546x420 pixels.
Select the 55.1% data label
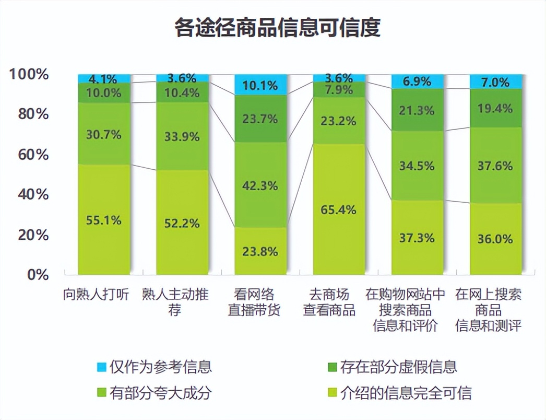[x=103, y=220]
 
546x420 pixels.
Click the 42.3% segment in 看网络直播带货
[x=260, y=185]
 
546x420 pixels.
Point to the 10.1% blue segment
[x=260, y=85]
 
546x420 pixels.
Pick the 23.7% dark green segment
[x=260, y=119]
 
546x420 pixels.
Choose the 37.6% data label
[x=495, y=166]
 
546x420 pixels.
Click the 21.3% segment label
[x=417, y=110]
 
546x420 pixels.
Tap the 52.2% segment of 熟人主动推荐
[x=182, y=223]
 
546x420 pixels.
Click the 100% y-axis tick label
[x=29, y=74]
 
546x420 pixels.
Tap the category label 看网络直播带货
[x=254, y=302]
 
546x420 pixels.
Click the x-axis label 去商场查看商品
[x=329, y=302]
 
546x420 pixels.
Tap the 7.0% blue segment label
[x=495, y=82]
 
